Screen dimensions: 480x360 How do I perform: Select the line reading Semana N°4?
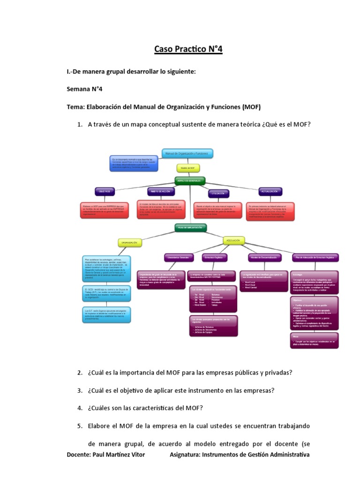pos(85,89)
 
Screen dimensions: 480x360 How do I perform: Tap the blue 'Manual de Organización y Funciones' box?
pos(187,153)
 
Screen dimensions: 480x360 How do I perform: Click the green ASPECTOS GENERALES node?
pos(190,180)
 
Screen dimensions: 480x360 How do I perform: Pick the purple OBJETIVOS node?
pos(105,192)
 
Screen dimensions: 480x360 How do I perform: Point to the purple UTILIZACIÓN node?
pos(219,193)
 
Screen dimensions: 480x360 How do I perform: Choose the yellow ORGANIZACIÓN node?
pos(129,243)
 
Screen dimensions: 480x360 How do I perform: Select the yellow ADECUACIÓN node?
pos(233,240)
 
